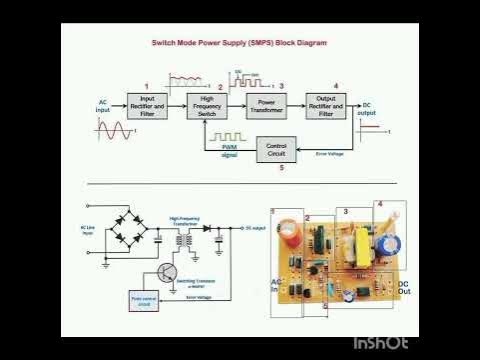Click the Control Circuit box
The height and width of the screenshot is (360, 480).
tap(277, 151)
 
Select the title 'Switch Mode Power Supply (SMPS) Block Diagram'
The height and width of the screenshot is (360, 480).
tap(238, 44)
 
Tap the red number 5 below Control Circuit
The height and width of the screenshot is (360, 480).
tap(281, 168)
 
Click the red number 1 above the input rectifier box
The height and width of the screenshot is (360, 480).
tap(146, 87)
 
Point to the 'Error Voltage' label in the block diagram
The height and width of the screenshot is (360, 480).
tap(330, 154)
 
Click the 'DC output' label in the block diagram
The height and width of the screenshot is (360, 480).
tap(367, 109)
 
